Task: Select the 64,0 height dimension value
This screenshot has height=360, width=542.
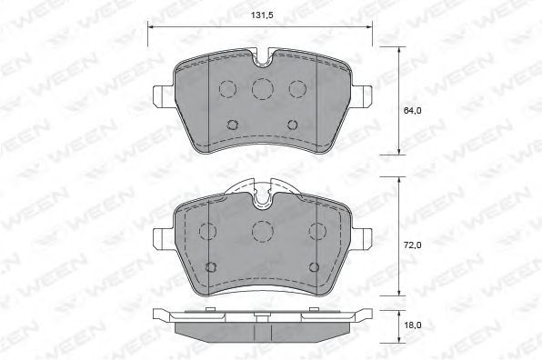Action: point(412,111)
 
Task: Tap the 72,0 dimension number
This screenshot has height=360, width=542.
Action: point(412,245)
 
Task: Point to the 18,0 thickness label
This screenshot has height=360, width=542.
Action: point(412,325)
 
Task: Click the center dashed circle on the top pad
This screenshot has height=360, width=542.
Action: point(262,89)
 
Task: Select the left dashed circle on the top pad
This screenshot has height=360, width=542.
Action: point(227,89)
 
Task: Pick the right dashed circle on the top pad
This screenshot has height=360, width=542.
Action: point(297,89)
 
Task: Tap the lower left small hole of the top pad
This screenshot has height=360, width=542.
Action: point(233,125)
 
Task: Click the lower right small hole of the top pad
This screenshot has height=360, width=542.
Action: point(293,125)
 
